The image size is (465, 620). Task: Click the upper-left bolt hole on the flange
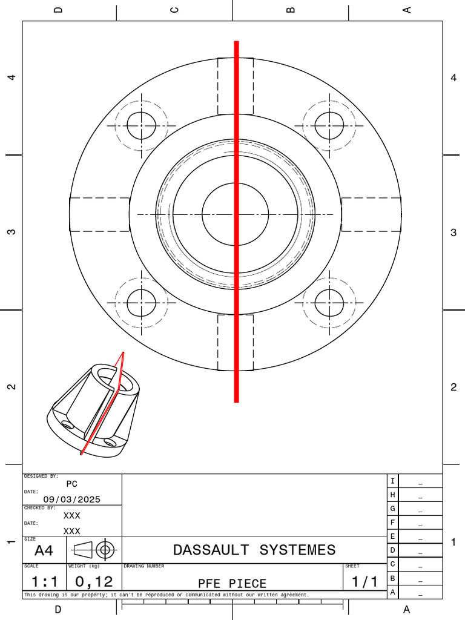[x=142, y=126]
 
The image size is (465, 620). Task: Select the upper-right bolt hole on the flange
[x=329, y=126]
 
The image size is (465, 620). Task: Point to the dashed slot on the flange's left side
[x=99, y=214]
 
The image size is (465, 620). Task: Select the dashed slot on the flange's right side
[x=371, y=214]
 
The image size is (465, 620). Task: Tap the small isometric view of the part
[x=96, y=406]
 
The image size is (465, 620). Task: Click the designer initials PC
[x=72, y=484]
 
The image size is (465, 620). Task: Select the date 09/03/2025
[x=72, y=500]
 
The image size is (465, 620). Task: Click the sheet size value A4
[x=44, y=550]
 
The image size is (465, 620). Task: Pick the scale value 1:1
[x=44, y=582]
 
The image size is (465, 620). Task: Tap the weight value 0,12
[x=94, y=582]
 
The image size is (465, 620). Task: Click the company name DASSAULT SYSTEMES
[x=254, y=550]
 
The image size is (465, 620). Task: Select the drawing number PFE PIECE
[x=232, y=584]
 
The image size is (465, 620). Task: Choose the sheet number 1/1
[x=365, y=582]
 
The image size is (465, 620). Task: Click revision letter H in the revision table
[x=392, y=495]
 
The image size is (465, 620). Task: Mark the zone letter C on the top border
[x=174, y=10]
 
